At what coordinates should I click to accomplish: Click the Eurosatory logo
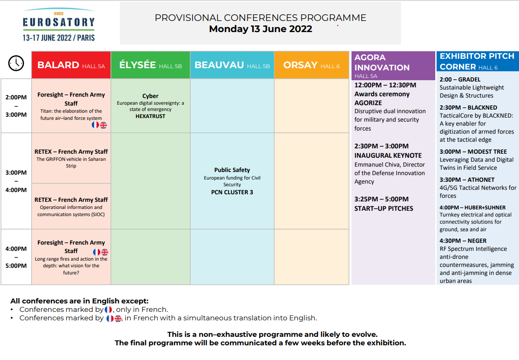click(x=59, y=25)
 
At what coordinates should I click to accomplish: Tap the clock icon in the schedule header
click(x=16, y=63)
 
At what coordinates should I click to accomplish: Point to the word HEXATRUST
click(x=150, y=116)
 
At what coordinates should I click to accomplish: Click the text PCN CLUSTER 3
click(x=232, y=192)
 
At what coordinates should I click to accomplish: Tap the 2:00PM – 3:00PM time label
click(x=16, y=106)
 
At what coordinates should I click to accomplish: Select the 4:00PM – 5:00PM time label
click(x=16, y=257)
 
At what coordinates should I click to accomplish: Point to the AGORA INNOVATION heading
click(x=382, y=62)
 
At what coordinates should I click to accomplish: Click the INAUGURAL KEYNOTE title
click(x=388, y=155)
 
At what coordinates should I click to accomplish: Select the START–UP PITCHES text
click(x=384, y=209)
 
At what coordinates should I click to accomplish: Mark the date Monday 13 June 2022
click(x=261, y=29)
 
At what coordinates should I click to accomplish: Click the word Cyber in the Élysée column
click(x=150, y=96)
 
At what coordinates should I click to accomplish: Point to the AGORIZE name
click(x=368, y=103)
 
